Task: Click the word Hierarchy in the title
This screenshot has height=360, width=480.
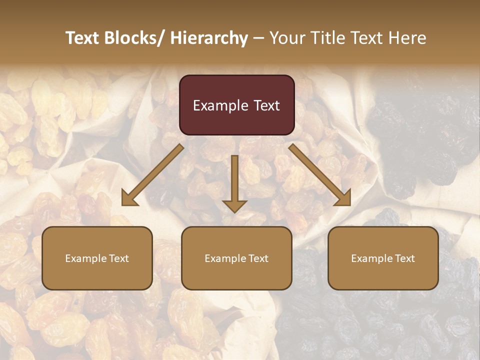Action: (x=209, y=38)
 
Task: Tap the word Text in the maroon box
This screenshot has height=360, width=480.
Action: (x=266, y=106)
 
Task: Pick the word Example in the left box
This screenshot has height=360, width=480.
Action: (x=86, y=258)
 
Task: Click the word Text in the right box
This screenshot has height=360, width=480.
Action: (x=404, y=258)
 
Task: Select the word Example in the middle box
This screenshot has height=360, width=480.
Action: (x=225, y=258)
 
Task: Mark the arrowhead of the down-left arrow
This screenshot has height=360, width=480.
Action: (x=128, y=199)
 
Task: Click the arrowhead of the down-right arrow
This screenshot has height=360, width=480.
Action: (x=343, y=198)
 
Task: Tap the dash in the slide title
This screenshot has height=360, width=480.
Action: (x=258, y=38)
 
